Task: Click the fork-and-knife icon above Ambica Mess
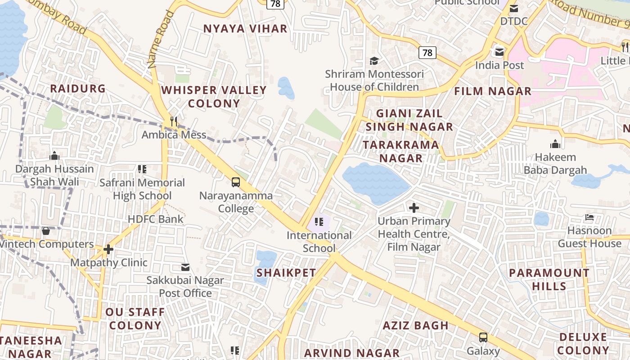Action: pyautogui.click(x=174, y=121)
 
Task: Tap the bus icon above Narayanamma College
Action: pyautogui.click(x=236, y=182)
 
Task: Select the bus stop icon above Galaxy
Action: pyautogui.click(x=483, y=337)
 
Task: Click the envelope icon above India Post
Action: pyautogui.click(x=499, y=52)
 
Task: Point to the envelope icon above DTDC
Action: pyautogui.click(x=513, y=8)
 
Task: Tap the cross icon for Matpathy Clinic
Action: pyautogui.click(x=108, y=249)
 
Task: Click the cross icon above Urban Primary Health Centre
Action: pyautogui.click(x=414, y=208)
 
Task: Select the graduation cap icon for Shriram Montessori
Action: pyautogui.click(x=374, y=61)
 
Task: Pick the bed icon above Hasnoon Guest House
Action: pyautogui.click(x=589, y=218)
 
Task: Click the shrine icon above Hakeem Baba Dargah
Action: pyautogui.click(x=555, y=144)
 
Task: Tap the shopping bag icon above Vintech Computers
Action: pyautogui.click(x=46, y=231)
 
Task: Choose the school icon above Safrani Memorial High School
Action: pyautogui.click(x=142, y=169)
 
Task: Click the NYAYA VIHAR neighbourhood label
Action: pyautogui.click(x=245, y=29)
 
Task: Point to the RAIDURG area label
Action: pyautogui.click(x=78, y=89)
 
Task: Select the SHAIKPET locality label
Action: pyautogui.click(x=286, y=273)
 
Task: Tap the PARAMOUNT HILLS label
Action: pyautogui.click(x=549, y=279)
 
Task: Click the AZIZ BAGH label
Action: pyautogui.click(x=415, y=325)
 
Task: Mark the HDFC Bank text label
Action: pyautogui.click(x=156, y=219)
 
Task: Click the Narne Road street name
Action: pyautogui.click(x=161, y=40)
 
